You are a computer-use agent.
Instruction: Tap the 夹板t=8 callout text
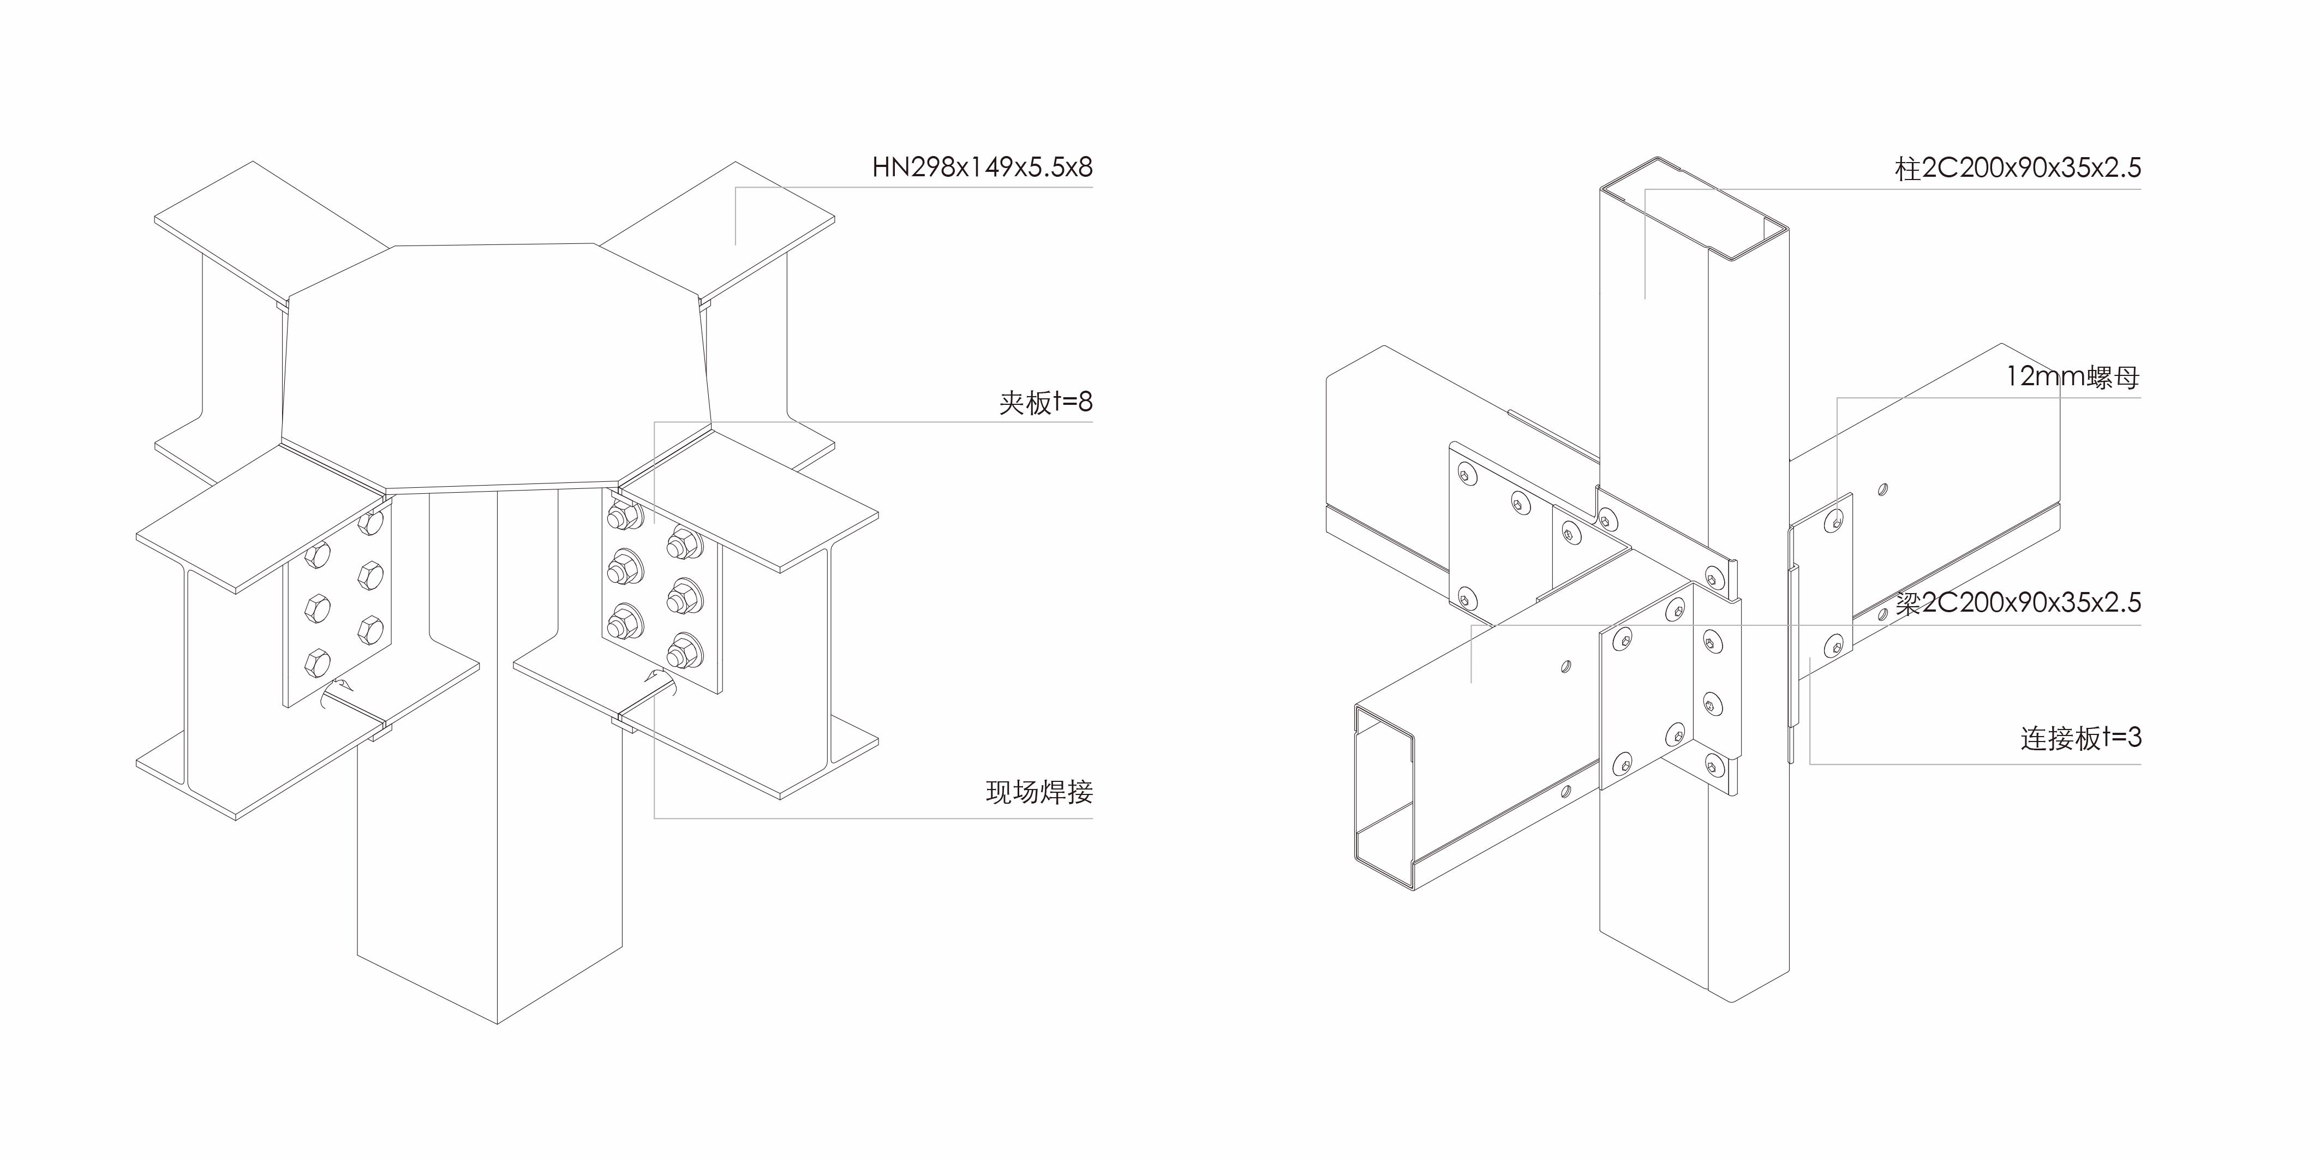tap(1045, 402)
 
